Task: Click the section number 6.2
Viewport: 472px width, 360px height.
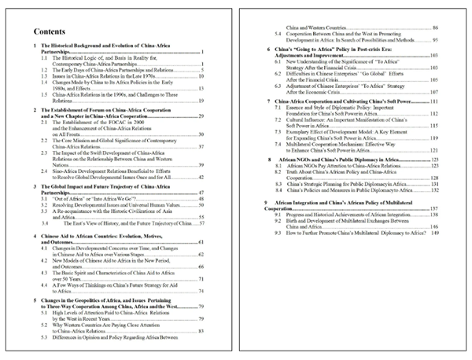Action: [x=277, y=78]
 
